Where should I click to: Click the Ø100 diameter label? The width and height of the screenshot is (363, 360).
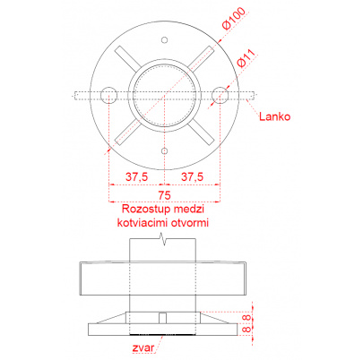[234, 18]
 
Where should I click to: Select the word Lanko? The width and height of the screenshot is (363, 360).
[274, 116]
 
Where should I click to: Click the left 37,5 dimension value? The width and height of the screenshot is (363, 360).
[136, 176]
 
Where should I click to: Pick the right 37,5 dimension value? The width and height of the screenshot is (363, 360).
[192, 176]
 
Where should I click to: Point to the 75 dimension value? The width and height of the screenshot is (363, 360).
[165, 195]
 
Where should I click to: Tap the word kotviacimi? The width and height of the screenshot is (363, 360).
[143, 223]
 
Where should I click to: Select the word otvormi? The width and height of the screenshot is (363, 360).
[189, 223]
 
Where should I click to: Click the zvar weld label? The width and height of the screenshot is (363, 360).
[143, 347]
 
